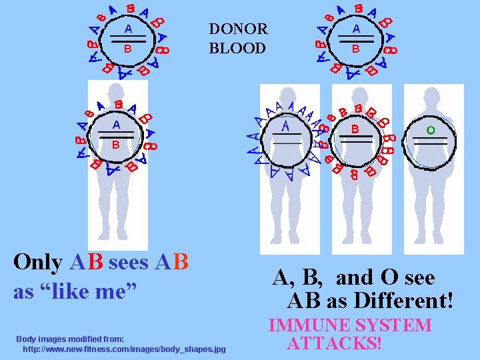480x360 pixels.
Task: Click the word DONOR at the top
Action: coord(238,29)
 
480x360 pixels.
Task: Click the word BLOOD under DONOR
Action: coord(237,48)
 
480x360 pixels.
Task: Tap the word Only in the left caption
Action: coord(38,262)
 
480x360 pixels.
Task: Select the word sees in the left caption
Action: coord(129,262)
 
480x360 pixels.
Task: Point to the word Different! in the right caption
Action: coord(404,301)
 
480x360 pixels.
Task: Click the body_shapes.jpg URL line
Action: coord(124,349)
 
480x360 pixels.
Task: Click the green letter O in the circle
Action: coord(431,130)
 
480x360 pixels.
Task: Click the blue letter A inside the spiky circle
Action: coord(285,125)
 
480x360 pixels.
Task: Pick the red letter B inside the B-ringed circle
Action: coord(355,128)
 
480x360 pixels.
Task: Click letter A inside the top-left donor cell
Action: coord(127,29)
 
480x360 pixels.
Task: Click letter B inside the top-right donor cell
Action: coord(356,49)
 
